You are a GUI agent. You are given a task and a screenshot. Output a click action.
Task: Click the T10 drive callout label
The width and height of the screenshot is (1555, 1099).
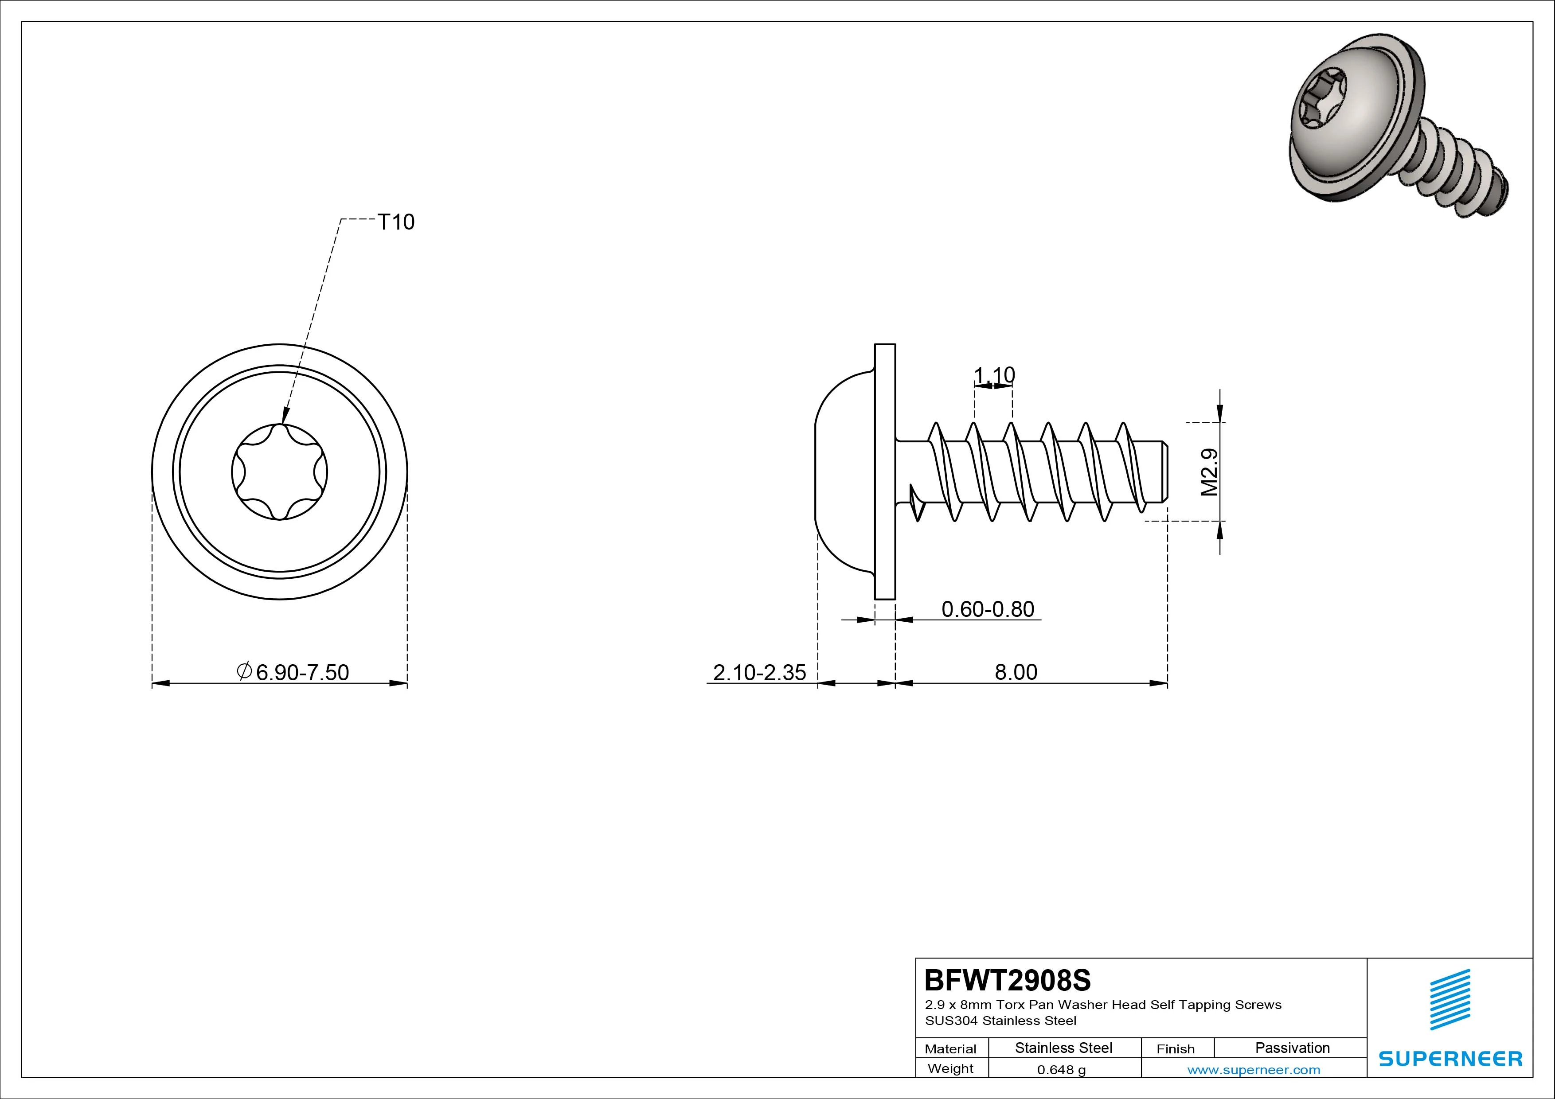395,222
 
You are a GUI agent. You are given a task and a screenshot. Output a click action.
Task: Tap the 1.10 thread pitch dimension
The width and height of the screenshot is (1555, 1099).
994,374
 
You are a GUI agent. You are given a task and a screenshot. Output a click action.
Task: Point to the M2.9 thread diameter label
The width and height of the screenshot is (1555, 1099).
1210,472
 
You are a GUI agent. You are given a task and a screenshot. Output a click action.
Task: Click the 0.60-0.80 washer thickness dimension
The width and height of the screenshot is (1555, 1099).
988,609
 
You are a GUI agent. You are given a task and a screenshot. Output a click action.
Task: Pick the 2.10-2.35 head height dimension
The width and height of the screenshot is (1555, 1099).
759,672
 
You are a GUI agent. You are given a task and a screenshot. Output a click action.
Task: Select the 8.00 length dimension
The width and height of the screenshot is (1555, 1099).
1016,672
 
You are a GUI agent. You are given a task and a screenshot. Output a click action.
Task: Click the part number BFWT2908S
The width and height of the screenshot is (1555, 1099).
1008,979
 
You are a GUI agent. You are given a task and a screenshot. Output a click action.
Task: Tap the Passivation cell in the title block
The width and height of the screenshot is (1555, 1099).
1292,1048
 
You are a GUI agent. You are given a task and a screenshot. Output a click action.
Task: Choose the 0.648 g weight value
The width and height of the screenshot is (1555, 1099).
1061,1070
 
